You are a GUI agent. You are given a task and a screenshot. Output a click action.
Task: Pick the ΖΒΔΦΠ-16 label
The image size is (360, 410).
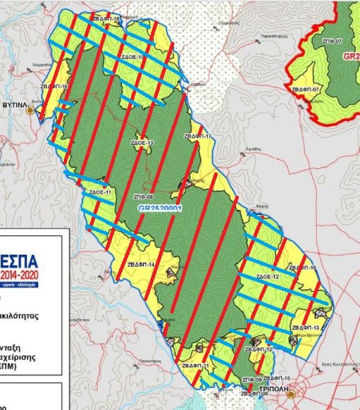point(54,87)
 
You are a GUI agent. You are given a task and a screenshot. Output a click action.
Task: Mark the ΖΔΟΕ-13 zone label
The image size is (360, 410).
point(142,143)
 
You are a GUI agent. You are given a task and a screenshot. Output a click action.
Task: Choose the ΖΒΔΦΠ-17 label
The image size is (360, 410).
point(197,136)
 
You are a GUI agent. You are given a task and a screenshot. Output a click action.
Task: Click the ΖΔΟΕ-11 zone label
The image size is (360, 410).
point(100,192)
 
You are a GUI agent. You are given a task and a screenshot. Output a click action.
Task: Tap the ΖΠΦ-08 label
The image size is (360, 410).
point(143,196)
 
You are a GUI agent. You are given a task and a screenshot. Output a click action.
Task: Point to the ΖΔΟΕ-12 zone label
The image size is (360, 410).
point(268,277)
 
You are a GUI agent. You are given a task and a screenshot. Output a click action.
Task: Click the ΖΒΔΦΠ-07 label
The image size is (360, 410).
point(305,89)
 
